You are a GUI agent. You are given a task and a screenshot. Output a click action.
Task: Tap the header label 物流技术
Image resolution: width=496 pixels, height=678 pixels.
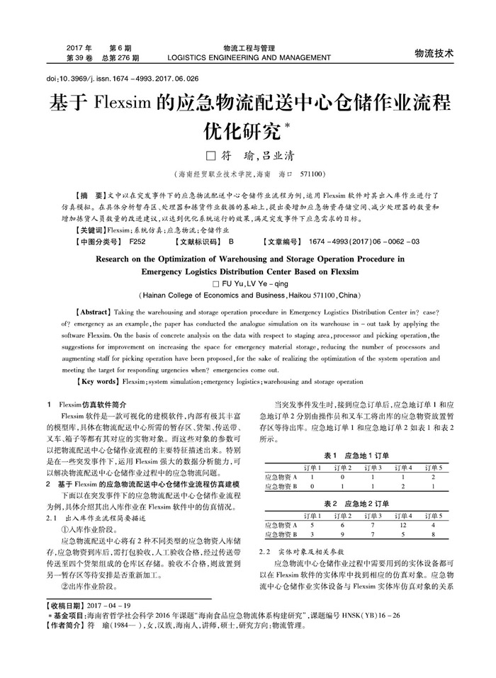point(434,53)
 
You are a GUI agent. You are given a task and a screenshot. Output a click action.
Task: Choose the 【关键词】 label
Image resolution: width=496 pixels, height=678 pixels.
point(91,231)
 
